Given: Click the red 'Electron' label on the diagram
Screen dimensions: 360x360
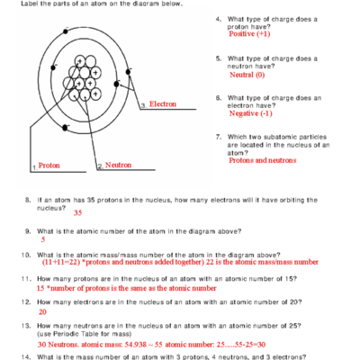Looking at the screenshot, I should tap(163, 104).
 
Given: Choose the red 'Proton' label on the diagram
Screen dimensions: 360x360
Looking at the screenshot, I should tap(49, 166).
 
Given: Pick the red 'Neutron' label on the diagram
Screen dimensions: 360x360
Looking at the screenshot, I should tap(118, 165).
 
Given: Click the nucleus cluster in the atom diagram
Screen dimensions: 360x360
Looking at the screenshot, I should tap(83, 77).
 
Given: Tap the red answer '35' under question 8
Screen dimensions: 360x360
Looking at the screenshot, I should tap(77, 213).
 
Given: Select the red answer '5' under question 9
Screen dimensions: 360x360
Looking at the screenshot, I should tap(42, 240).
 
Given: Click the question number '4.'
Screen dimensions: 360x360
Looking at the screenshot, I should tap(219, 19).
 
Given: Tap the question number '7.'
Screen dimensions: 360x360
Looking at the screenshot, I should tap(219, 137).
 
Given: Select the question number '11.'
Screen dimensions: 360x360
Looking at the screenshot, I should tap(28, 279).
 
